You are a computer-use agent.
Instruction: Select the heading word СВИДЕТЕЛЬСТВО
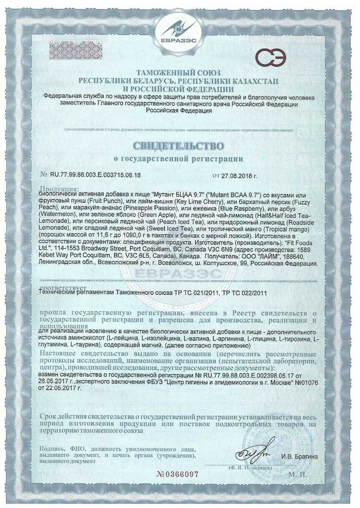tap(178, 146)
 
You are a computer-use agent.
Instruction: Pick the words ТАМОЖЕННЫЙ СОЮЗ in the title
tap(178, 73)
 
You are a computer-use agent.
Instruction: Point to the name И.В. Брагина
tap(299, 456)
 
